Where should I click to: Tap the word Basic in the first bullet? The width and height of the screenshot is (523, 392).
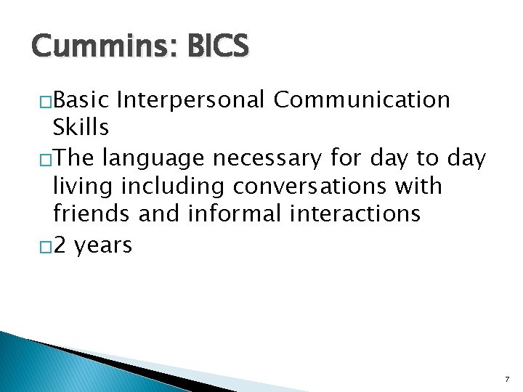[81, 99]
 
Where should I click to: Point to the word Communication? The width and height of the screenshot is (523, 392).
[362, 99]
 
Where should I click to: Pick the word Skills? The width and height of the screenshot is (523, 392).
[81, 128]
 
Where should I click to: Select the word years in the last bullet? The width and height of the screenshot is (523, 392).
[103, 245]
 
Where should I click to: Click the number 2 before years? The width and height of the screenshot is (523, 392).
[60, 245]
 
